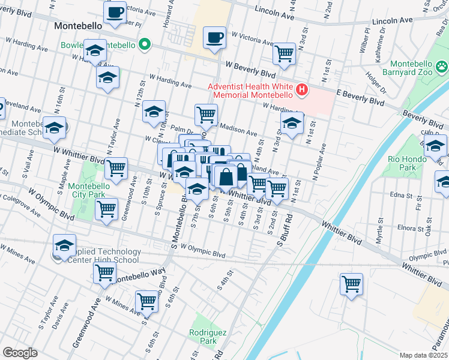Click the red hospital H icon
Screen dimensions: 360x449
[302, 91]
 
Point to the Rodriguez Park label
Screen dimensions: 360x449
[202, 336]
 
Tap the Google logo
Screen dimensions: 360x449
[20, 353]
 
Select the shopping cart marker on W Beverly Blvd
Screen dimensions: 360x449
[285, 54]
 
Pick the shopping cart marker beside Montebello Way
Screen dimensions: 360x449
[105, 272]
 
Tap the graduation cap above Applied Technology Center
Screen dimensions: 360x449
[64, 245]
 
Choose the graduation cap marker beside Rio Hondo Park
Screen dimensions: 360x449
[435, 145]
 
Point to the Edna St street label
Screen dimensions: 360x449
[397, 195]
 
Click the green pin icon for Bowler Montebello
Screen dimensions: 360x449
[144, 45]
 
